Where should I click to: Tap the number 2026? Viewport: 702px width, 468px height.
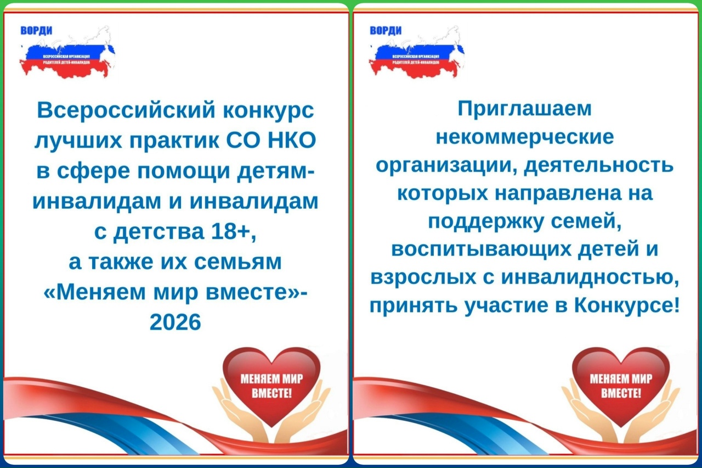coord(175,322)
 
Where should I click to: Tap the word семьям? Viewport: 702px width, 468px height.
coord(238,262)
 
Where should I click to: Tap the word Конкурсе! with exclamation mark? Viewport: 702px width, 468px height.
coord(627,305)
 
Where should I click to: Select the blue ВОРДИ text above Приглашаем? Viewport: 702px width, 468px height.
coord(386,31)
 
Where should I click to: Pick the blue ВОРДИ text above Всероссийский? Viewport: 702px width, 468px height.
coord(36,31)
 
